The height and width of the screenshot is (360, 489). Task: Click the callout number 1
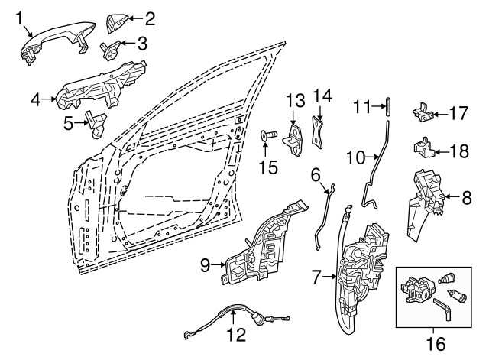tap(19, 18)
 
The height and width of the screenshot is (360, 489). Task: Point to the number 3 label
tap(142, 44)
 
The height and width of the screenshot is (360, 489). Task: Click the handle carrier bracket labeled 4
tap(100, 86)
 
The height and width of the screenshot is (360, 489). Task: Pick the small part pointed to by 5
tap(97, 124)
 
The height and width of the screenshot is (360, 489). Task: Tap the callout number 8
tap(467, 197)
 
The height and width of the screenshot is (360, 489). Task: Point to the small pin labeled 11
tap(388, 107)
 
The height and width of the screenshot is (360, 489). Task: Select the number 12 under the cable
tap(236, 335)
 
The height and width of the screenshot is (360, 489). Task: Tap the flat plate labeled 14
tap(318, 132)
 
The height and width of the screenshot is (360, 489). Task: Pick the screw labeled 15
tap(268, 135)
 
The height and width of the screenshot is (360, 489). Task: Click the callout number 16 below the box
tap(436, 344)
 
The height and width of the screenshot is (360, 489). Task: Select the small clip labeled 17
tap(423, 112)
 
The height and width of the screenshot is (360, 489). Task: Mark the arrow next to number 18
tap(442, 152)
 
